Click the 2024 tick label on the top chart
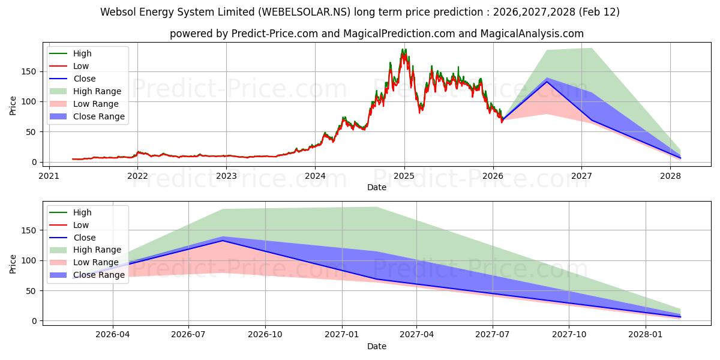315,176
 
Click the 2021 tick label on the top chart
49,176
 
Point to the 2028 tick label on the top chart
670,176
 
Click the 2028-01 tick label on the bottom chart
646,335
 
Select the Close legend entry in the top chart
85,79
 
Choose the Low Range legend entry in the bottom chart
96,263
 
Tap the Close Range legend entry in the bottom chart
98,275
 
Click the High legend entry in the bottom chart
82,212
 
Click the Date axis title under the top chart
376,187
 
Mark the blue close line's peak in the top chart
547,82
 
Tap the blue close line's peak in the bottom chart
223,241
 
